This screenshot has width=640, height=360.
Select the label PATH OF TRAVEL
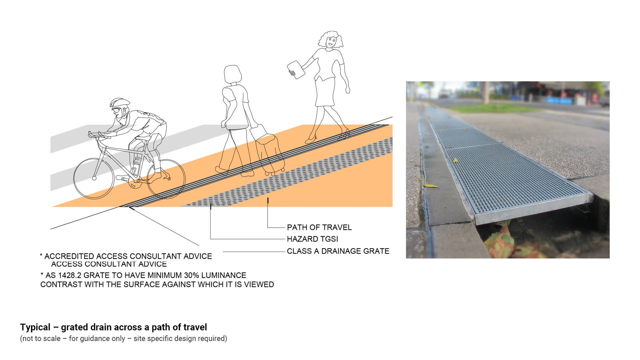(x=319, y=227)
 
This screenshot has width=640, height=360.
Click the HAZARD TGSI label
(x=312, y=239)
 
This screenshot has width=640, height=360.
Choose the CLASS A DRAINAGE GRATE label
(x=338, y=251)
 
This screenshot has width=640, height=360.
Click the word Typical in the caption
(x=35, y=327)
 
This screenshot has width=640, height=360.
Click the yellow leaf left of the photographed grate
(x=431, y=186)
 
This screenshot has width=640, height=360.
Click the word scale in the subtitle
(x=53, y=339)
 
